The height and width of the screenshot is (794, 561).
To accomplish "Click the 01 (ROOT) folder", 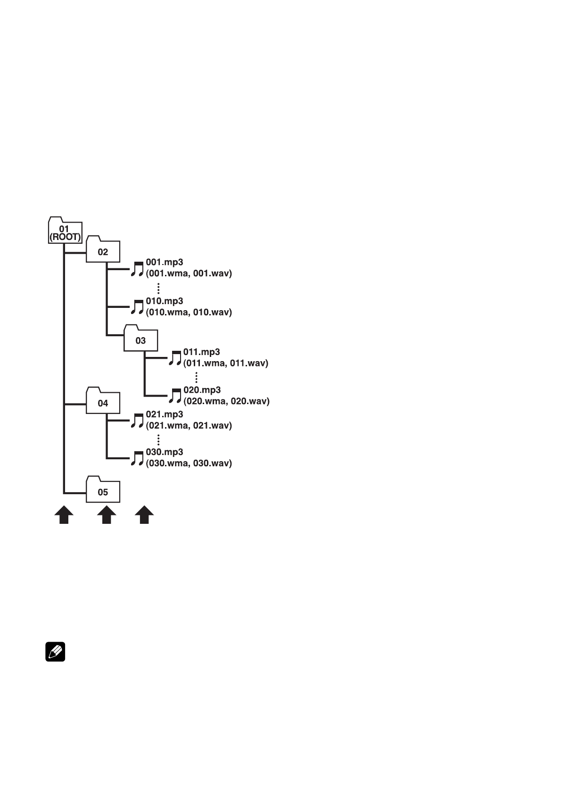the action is [x=65, y=230].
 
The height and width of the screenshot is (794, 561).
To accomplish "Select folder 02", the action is [x=103, y=249].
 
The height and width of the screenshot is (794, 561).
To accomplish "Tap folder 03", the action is [x=140, y=338].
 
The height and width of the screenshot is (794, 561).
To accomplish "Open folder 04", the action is [x=103, y=400].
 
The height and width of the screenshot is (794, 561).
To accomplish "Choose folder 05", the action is [x=103, y=489].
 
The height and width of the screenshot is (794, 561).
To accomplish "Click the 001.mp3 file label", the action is [x=165, y=262].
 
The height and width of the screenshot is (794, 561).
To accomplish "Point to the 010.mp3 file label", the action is [x=165, y=301].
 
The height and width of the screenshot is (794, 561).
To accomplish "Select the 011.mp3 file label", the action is [x=202, y=352].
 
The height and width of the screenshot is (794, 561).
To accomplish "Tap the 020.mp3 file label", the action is [x=202, y=390].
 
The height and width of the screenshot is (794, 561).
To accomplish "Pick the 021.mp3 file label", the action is [x=165, y=414].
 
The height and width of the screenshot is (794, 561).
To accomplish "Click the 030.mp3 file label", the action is [x=165, y=452].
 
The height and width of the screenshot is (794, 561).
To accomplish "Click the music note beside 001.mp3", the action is [x=137, y=269].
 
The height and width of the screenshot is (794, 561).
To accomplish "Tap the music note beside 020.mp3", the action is [x=175, y=396].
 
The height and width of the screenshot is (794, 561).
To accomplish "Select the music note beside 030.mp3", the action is [x=137, y=458].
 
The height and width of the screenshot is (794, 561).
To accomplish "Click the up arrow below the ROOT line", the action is [x=64, y=515].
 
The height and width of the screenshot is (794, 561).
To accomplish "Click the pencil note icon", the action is [x=55, y=652].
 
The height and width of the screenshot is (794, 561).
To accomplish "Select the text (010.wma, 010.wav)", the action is [x=189, y=312].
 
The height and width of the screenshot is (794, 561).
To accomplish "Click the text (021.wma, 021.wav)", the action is [x=189, y=425].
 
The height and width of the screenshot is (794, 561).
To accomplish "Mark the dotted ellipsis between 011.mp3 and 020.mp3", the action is [x=196, y=378].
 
